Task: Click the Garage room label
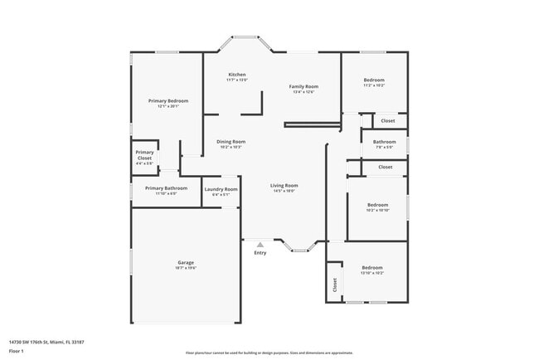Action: (x=185, y=262)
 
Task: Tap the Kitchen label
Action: (x=237, y=75)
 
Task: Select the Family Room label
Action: (x=303, y=86)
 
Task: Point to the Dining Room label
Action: (x=231, y=142)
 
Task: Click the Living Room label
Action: (x=284, y=185)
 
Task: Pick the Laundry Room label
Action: (x=221, y=189)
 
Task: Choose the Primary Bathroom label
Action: (x=166, y=188)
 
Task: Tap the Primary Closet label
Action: (x=144, y=155)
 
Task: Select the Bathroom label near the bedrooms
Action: (x=384, y=142)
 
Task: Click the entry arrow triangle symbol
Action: (x=260, y=245)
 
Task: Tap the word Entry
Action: (x=260, y=253)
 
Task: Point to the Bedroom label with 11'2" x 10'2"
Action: (x=374, y=80)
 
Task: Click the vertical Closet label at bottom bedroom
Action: (x=335, y=285)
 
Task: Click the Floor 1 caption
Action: (x=17, y=351)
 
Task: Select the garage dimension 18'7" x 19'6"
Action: (x=185, y=268)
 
